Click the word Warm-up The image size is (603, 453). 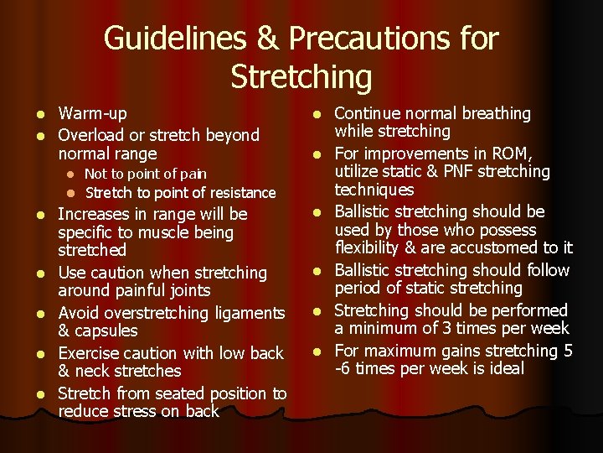click(x=92, y=113)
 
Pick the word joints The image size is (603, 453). click(x=188, y=291)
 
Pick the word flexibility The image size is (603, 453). click(x=374, y=247)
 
